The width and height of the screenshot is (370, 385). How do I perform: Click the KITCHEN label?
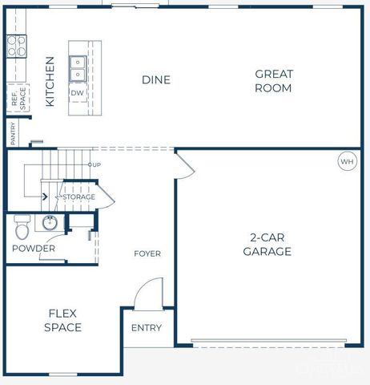point(50,81)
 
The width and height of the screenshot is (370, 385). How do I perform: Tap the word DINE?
point(156,79)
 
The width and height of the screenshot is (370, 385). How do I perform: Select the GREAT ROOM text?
point(274,81)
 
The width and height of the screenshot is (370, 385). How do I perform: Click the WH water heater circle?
point(346,161)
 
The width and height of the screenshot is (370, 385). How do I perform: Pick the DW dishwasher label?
point(78,93)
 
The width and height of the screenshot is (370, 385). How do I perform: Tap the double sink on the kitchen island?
point(78,68)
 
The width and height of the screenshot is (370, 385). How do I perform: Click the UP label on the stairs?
point(94,164)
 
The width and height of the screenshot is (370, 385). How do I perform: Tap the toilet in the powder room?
point(22,228)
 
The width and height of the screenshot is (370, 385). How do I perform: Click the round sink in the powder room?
point(50,222)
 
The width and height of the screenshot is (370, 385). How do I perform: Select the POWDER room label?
point(34,249)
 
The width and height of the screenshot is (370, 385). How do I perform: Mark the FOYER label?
point(147,253)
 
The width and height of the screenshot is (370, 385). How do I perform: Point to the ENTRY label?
point(147,327)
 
